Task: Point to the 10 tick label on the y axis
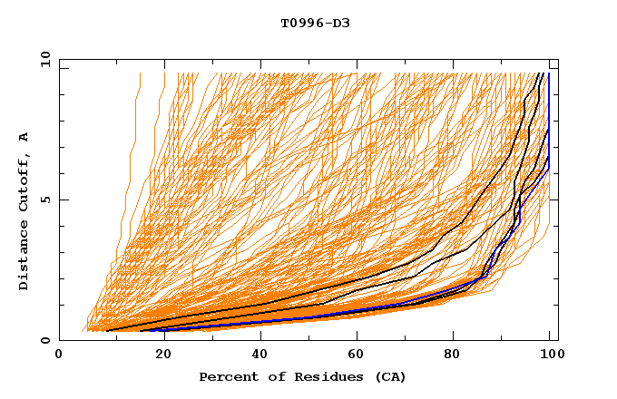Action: pyautogui.click(x=44, y=58)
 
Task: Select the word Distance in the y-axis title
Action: pyautogui.click(x=24, y=257)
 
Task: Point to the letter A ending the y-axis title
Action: pyautogui.click(x=24, y=136)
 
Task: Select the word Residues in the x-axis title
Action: pyautogui.click(x=324, y=376)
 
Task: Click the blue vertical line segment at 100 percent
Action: pyautogui.click(x=548, y=109)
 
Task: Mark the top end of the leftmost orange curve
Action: pyautogui.click(x=140, y=73)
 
